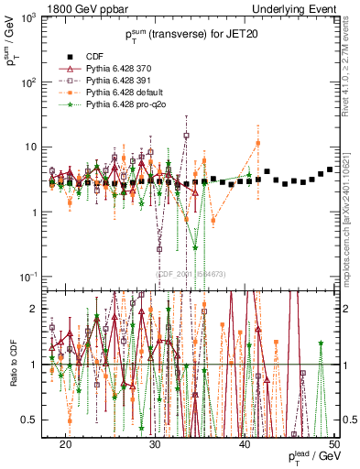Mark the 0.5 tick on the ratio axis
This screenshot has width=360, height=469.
coord(33,420)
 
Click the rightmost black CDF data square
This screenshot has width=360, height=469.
coord(330,169)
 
